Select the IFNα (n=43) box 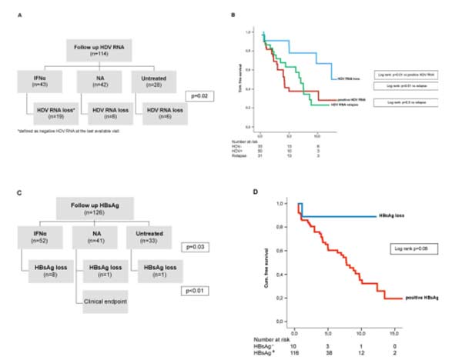point(35,81)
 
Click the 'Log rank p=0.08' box point(406,248)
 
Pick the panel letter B point(246,14)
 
